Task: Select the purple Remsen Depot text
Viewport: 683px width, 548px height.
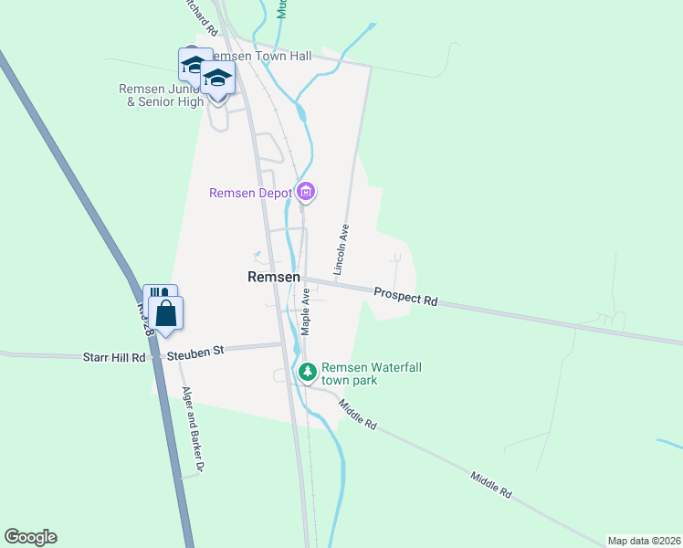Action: pyautogui.click(x=250, y=193)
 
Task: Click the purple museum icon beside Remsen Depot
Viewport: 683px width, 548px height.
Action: pyautogui.click(x=306, y=192)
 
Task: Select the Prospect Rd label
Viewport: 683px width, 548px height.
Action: pyautogui.click(x=405, y=296)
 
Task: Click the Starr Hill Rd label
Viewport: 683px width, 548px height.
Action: pyautogui.click(x=113, y=357)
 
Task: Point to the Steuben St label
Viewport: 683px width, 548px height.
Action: pyautogui.click(x=194, y=349)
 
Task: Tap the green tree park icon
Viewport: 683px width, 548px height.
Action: pyautogui.click(x=308, y=372)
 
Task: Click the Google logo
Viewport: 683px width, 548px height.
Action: pyautogui.click(x=30, y=537)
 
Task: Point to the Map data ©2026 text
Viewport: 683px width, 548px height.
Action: pyautogui.click(x=644, y=541)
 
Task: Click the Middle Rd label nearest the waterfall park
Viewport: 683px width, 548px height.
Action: pyautogui.click(x=357, y=414)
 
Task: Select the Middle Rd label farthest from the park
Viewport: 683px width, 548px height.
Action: pyautogui.click(x=491, y=484)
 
